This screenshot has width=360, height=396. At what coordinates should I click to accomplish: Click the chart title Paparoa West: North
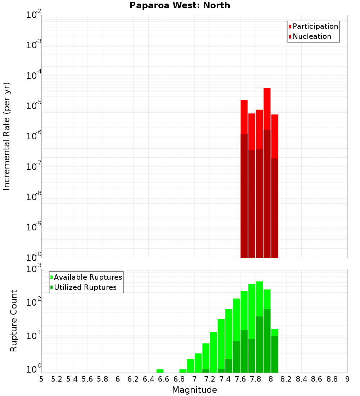(x=180, y=5)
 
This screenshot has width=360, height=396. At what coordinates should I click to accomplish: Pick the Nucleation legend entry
(x=312, y=36)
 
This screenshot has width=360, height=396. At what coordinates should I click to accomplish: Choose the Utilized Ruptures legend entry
(x=85, y=287)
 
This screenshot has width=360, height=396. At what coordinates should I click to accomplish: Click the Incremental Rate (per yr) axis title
(x=7, y=136)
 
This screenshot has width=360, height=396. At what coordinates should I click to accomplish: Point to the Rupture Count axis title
(x=14, y=321)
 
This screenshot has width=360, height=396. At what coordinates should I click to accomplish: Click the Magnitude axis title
(x=194, y=390)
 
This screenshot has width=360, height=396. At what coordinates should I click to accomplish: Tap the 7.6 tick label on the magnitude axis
(x=240, y=379)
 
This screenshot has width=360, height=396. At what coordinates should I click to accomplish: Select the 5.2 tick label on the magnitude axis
(x=57, y=379)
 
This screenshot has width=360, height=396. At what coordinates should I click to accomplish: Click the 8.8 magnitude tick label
(x=332, y=379)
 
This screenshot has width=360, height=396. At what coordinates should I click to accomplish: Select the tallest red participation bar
(x=267, y=108)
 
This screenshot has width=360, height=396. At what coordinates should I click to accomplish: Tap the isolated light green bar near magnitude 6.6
(x=160, y=371)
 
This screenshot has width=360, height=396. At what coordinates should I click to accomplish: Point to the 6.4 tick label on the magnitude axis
(x=148, y=379)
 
